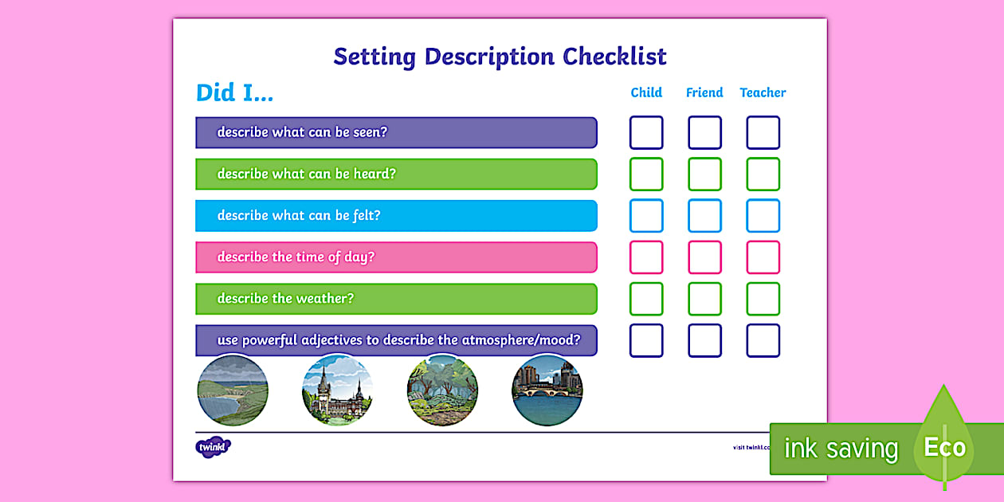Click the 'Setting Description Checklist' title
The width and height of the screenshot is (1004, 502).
500,57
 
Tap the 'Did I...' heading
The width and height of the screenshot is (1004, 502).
234,93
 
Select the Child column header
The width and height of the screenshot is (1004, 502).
646,92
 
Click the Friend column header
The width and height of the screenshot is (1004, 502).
704,92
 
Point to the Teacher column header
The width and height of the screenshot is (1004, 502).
763,92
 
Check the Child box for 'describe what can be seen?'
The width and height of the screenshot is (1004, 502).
646,133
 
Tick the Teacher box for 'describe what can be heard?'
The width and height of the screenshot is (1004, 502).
763,175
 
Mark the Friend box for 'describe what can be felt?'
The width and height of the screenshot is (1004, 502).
704,216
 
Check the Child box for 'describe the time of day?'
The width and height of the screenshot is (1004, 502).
646,257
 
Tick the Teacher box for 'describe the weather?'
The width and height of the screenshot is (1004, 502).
763,299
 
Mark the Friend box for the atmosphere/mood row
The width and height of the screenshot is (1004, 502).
704,340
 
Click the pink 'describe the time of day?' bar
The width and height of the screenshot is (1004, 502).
396,257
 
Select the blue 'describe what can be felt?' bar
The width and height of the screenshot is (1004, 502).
396,216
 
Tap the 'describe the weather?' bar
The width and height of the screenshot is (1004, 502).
396,299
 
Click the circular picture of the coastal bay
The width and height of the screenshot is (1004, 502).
233,391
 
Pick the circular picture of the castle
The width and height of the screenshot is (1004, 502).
337,391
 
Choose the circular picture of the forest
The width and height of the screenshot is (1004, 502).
442,391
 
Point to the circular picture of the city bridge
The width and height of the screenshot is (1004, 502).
547,391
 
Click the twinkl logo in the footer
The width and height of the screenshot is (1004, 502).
213,447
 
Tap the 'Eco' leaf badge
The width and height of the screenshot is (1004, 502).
944,447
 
